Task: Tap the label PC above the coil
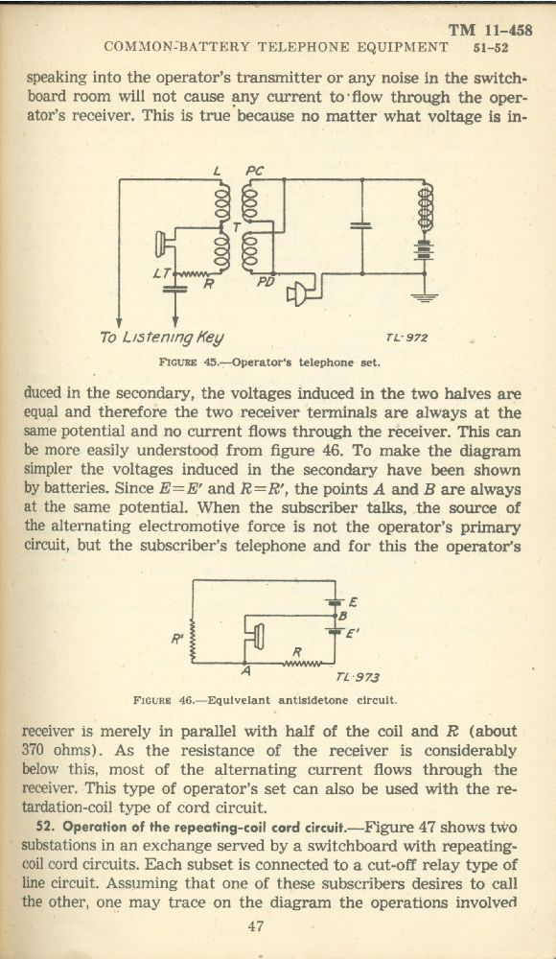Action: [x=254, y=172]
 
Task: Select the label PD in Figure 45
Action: [x=266, y=281]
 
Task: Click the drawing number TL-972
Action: [x=406, y=337]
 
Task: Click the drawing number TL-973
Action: [x=358, y=677]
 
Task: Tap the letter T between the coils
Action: [x=236, y=227]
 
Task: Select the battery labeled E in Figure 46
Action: [x=334, y=601]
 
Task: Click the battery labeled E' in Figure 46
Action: [x=334, y=630]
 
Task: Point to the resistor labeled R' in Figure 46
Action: [x=194, y=639]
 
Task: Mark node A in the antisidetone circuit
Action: [x=245, y=664]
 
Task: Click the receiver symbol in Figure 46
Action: [x=258, y=636]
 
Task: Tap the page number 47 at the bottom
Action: [x=256, y=926]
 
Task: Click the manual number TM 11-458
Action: [x=491, y=30]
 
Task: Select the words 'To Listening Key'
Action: [x=161, y=337]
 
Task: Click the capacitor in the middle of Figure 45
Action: [x=361, y=225]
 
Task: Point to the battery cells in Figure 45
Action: [x=424, y=249]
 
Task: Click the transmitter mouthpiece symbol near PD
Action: [x=296, y=294]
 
